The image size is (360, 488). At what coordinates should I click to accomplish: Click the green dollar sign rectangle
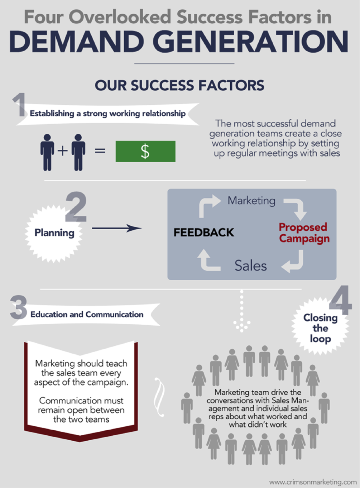pos(145,151)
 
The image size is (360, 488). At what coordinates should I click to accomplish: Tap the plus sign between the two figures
pos(62,151)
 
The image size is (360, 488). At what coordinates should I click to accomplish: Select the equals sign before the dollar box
pos(100,151)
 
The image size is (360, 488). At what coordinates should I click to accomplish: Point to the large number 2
pos(76,206)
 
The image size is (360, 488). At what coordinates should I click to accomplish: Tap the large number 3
pos(19,307)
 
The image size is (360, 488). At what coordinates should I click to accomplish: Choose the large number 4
pos(341,300)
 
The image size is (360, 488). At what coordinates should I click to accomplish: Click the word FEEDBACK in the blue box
pos(204,232)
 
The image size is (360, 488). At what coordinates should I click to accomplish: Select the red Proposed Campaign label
pos(304,233)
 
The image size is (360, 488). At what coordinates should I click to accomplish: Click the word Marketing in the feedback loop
pos(251,201)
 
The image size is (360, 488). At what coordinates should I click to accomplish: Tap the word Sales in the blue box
pos(251,265)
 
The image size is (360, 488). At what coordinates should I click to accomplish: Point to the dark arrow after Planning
pos(117,228)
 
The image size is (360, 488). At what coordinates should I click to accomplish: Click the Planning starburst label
pos(54,233)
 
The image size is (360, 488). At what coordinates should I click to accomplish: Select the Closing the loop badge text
pos(320,328)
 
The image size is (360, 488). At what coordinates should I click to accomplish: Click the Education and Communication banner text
pos(87,315)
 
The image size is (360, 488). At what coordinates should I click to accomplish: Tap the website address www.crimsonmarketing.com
pos(313,482)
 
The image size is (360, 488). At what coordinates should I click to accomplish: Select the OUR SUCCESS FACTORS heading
pos(179,85)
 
